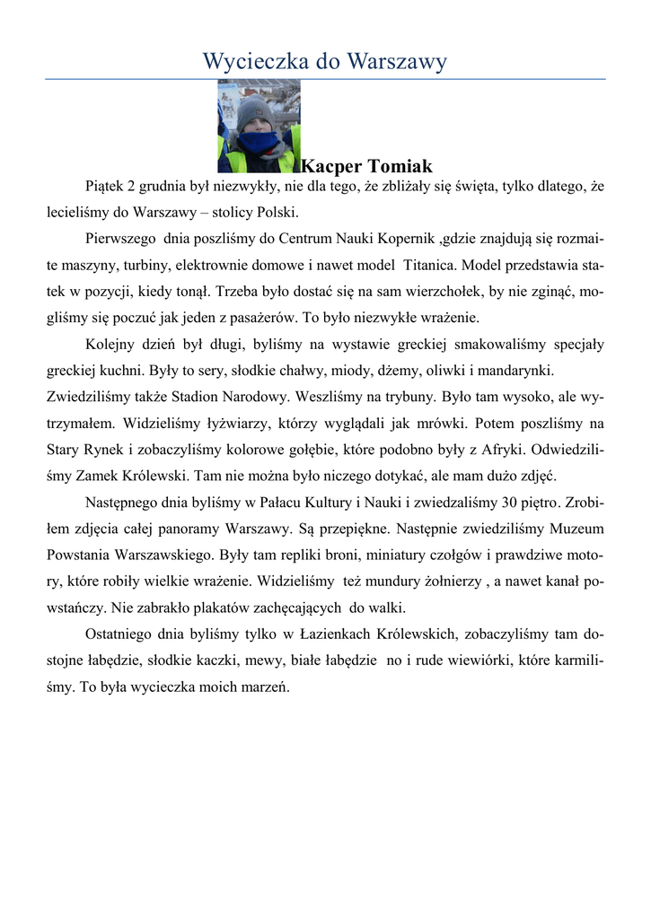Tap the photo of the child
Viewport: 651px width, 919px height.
pyautogui.click(x=259, y=126)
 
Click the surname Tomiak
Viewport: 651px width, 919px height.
pyautogui.click(x=399, y=166)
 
